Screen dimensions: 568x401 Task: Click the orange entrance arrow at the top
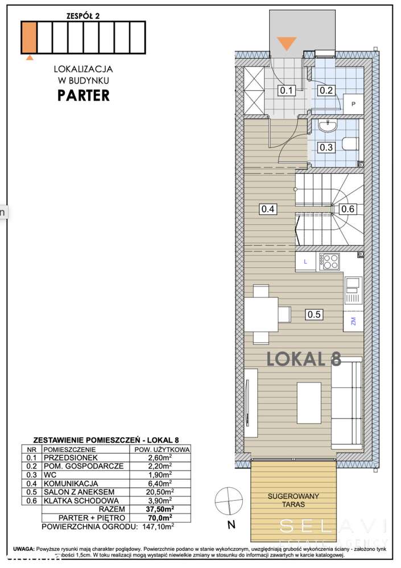coord(286,43)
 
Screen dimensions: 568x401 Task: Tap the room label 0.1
coord(285,90)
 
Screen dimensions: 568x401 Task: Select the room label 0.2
coord(326,90)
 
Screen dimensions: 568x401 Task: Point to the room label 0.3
coord(326,146)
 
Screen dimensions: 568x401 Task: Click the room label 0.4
coord(268,209)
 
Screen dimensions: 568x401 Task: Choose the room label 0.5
coord(313,313)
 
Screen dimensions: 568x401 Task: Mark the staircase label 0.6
coord(348,209)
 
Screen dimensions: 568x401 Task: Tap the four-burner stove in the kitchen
coord(329,261)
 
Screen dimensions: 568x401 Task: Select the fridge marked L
coord(306,262)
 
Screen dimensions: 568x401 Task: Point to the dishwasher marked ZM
coord(353,320)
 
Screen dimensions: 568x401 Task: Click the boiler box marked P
coord(353,104)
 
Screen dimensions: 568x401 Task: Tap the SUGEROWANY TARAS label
coord(293,500)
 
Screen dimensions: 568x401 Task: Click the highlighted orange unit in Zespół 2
coord(29,36)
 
